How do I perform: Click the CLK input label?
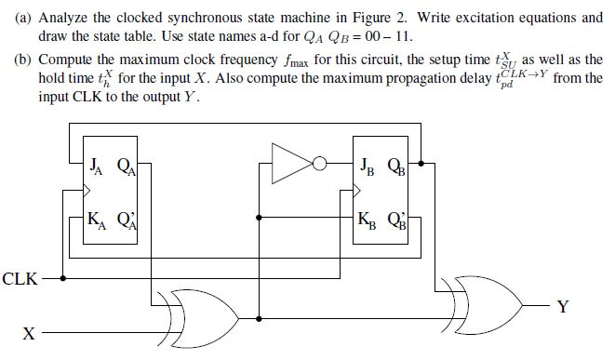click(20, 277)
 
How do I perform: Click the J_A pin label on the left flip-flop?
click(94, 168)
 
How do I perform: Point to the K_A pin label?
click(95, 222)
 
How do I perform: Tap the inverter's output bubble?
click(319, 164)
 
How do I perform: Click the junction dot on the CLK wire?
click(62, 277)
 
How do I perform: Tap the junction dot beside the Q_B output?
click(421, 164)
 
